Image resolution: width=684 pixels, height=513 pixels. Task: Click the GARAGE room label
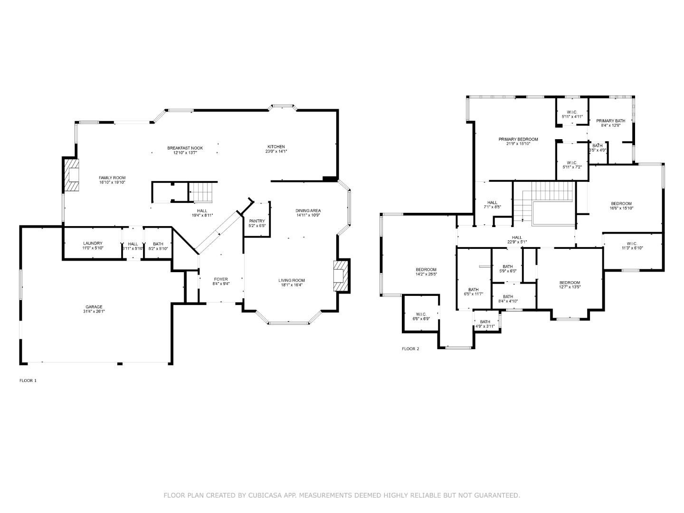94,307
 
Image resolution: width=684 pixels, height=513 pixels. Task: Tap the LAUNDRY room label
93,243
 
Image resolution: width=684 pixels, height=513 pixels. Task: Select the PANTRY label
257,221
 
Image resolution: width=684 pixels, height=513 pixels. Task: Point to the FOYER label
221,279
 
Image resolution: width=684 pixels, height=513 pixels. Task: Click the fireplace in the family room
71,174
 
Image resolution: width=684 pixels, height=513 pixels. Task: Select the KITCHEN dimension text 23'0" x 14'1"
276,152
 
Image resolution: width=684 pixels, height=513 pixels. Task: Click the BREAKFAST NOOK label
185,148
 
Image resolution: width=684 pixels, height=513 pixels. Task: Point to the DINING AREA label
308,210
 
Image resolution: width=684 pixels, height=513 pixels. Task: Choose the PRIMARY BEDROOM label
518,139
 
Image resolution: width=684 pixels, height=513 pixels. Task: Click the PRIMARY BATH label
610,121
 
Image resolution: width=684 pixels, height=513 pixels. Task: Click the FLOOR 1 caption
28,380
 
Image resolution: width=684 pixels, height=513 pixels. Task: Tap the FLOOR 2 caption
410,349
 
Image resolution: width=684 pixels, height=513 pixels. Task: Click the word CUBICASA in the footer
264,495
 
